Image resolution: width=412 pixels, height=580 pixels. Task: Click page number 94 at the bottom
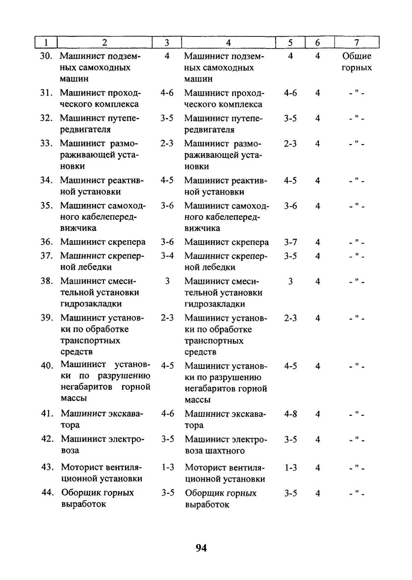coord(201,548)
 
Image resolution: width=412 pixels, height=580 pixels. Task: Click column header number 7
coord(357,43)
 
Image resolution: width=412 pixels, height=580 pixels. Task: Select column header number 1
coord(45,43)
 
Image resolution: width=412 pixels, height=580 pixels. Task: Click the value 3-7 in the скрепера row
coord(290,242)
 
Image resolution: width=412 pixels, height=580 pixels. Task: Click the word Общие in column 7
coord(357,56)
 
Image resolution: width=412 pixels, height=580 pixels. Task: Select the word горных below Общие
coord(357,68)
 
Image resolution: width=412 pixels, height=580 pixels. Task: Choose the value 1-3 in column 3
coord(167,467)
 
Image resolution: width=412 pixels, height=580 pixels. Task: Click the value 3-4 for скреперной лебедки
coord(167,255)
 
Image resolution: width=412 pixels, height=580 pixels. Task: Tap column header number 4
coord(229,43)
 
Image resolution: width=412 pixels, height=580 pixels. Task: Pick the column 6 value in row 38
coord(318,281)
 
